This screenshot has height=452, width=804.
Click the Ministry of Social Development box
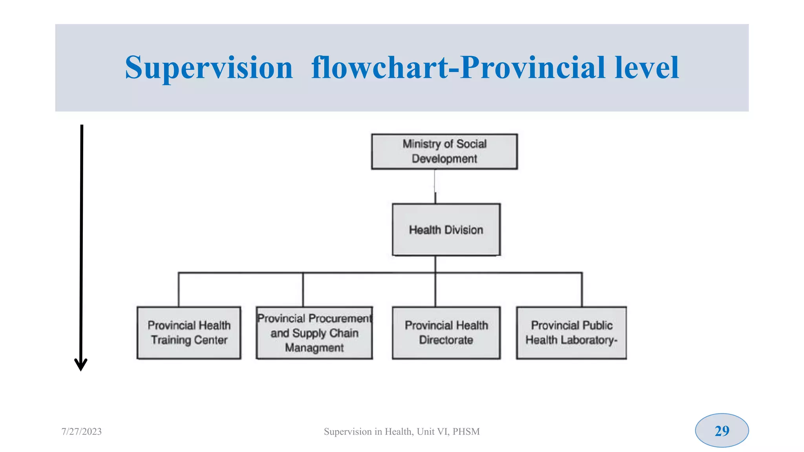[x=444, y=151]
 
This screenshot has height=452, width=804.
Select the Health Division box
[x=446, y=230]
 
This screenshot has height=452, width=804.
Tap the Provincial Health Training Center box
[x=189, y=333]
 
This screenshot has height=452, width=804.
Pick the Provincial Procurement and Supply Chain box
[x=314, y=333]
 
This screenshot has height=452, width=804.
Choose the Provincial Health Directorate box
[x=446, y=333]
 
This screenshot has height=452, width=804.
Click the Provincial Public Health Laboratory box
[x=571, y=333]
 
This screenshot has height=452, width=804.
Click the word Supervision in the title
[x=209, y=67]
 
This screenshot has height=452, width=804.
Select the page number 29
[x=722, y=431]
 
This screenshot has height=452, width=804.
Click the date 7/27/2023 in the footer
[x=82, y=432]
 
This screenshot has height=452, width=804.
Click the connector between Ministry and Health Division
[x=435, y=186]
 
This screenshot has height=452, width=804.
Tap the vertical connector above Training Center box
[x=179, y=290]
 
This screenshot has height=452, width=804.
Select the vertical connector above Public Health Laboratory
[x=582, y=290]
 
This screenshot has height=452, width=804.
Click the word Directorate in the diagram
[x=446, y=340]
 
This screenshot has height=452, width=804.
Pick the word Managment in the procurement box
[x=314, y=348]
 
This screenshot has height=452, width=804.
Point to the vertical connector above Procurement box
[x=303, y=290]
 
